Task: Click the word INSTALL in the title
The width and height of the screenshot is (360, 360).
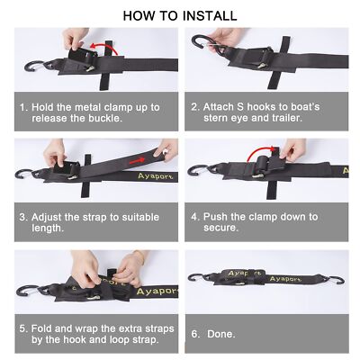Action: (x=206, y=15)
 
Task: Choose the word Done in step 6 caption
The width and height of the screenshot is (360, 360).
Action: (x=223, y=334)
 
